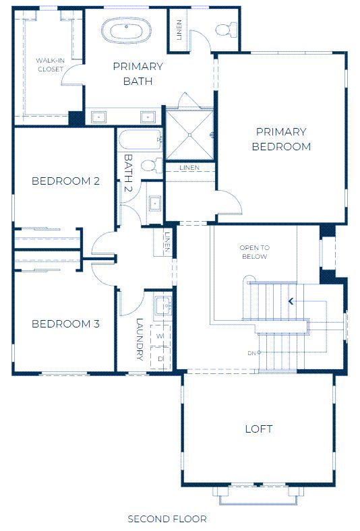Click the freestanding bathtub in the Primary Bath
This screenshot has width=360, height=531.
tap(126, 30)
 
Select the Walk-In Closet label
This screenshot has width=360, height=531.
tap(50, 65)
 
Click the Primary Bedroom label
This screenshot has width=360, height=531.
tap(281, 139)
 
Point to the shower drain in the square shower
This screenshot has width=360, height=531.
tap(189, 135)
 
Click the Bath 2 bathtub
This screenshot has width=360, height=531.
tap(140, 139)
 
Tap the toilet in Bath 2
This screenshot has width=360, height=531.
tap(152, 166)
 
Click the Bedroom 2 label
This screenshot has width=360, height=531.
tap(65, 181)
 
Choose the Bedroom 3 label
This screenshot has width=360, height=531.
tap(65, 323)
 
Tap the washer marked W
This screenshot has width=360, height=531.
tap(160, 336)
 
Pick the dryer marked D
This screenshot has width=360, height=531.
tap(160, 358)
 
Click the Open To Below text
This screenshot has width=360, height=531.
tap(254, 252)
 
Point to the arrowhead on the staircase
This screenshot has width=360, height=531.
tap(291, 301)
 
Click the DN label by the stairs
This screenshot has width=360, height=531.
tap(251, 353)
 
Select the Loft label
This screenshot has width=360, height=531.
tap(259, 429)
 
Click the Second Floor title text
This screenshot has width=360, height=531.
tap(167, 518)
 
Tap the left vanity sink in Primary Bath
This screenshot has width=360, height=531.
tap(98, 117)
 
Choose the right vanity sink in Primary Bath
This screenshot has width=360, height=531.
tap(148, 117)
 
